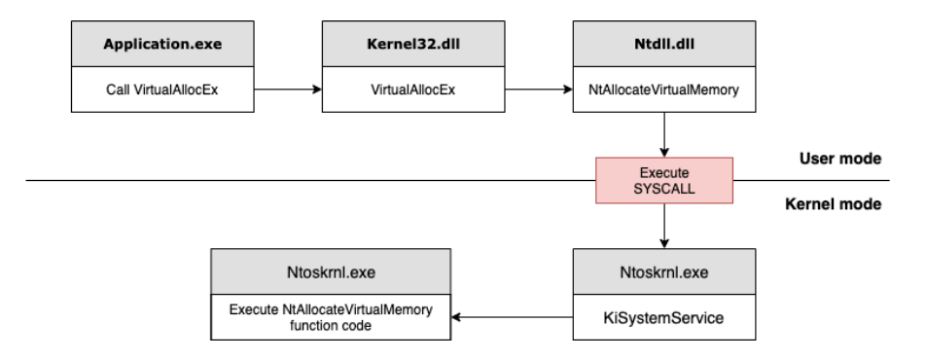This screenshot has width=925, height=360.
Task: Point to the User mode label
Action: (840, 158)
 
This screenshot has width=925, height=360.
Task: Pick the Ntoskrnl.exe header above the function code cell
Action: (331, 271)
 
